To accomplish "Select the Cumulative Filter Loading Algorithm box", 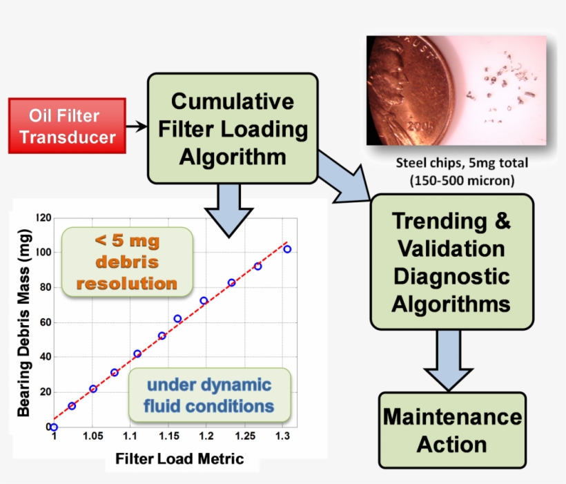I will [x=233, y=129].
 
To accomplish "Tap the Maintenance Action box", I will [x=452, y=430].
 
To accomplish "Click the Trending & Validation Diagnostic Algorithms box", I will [x=451, y=262].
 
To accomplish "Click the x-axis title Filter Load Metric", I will [x=179, y=458].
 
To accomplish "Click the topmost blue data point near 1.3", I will [x=287, y=249].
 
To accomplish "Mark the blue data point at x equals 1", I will [x=54, y=427].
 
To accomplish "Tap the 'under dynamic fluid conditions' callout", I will [x=209, y=395].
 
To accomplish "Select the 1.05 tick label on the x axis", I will [x=92, y=436].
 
